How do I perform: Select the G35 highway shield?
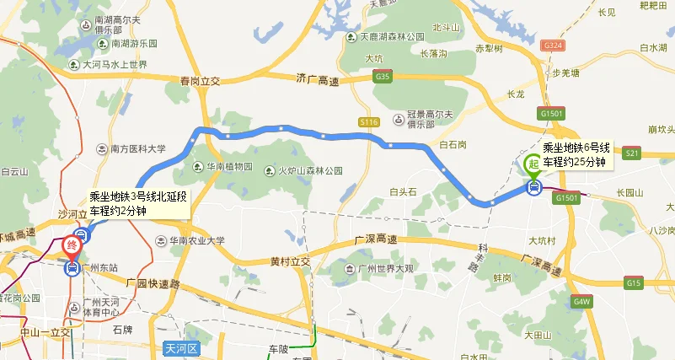384,77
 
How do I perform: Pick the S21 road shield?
634,153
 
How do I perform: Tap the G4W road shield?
581,300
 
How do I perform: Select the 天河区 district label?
179,348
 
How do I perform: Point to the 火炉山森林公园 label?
311,170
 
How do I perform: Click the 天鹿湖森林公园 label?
392,37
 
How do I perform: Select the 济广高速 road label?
317,78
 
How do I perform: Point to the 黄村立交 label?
291,261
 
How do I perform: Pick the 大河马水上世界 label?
115,64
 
